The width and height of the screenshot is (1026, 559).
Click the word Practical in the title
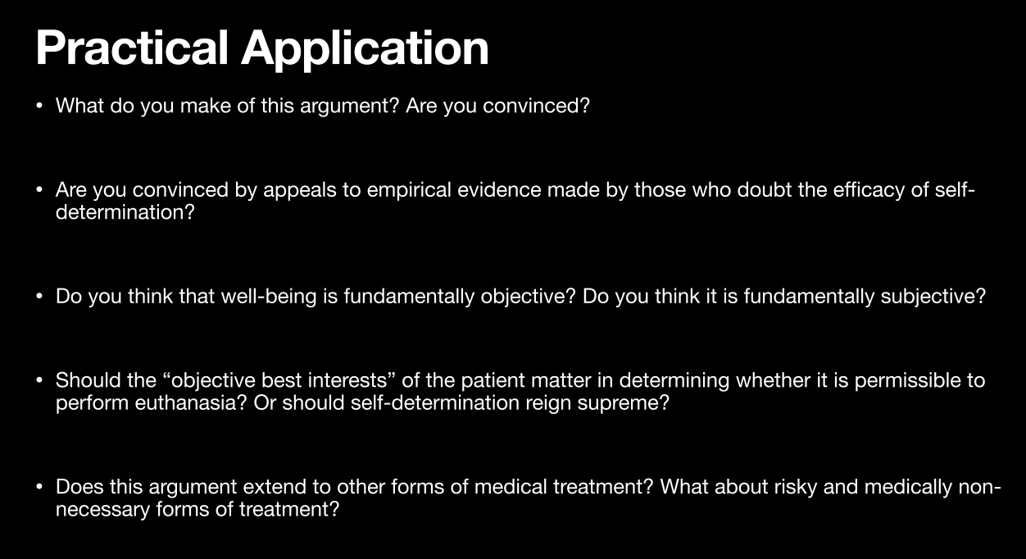tap(131, 48)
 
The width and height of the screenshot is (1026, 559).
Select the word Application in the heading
tap(365, 50)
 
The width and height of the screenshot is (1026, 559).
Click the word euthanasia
tap(191, 402)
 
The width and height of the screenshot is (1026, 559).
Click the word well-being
tap(269, 297)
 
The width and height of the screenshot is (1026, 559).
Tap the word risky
tap(796, 488)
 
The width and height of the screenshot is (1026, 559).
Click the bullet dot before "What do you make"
tap(39, 106)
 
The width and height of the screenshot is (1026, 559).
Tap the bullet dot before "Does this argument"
tap(39, 487)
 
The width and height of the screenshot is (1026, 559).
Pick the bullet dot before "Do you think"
tap(39, 297)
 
